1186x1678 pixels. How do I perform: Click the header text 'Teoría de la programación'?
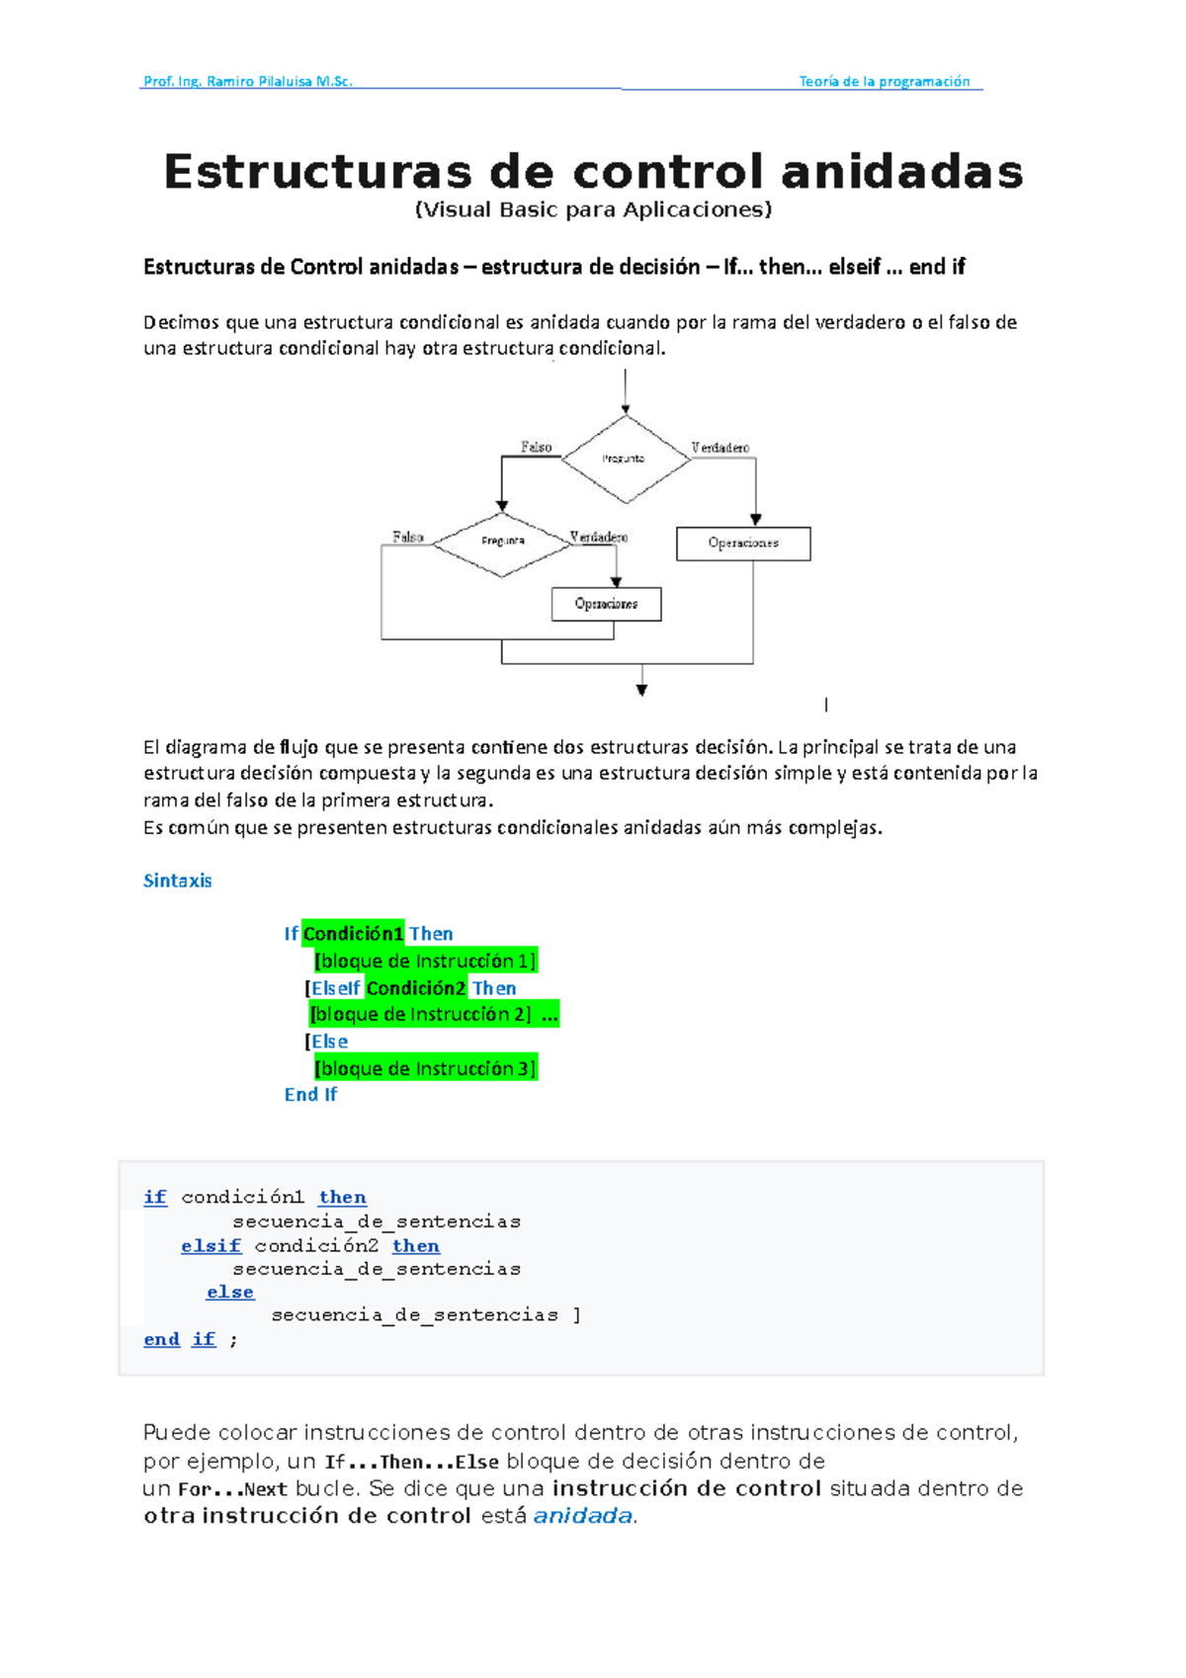pos(884,82)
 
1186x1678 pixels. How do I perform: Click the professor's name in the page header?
pos(247,82)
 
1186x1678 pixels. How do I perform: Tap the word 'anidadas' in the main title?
pos(901,172)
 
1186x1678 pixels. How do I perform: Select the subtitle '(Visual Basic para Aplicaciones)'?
pos(593,210)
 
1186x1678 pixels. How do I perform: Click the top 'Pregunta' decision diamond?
pos(625,459)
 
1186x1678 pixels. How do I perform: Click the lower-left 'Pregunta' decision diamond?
pos(502,542)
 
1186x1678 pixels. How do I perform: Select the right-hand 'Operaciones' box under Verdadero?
pos(743,544)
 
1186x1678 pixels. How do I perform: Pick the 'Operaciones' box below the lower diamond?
pos(606,604)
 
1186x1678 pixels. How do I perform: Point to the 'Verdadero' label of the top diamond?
pos(720,448)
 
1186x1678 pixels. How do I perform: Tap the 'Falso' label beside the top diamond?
pos(536,447)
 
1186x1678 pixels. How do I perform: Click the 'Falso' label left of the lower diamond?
pos(407,537)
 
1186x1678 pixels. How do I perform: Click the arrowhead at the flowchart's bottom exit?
pos(641,691)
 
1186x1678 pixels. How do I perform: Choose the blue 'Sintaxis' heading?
pos(178,881)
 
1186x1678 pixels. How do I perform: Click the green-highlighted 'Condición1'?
pos(353,934)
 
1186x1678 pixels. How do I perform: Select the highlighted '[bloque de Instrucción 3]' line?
pos(425,1068)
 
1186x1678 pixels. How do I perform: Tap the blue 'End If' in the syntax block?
pos(310,1095)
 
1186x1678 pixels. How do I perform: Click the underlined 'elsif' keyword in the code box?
pos(211,1246)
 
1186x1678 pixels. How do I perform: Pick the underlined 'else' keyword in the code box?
pos(230,1292)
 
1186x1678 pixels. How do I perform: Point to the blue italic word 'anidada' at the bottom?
pos(582,1516)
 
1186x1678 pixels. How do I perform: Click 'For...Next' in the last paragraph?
pos(232,1489)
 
